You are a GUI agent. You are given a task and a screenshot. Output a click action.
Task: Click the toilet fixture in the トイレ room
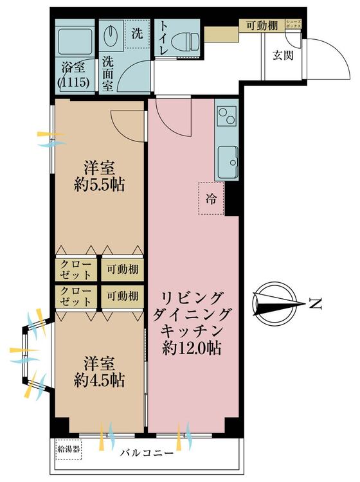(x=185, y=40)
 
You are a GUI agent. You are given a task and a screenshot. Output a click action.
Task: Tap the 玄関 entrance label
(x=283, y=55)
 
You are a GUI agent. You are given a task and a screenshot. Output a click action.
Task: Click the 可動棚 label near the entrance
(x=262, y=25)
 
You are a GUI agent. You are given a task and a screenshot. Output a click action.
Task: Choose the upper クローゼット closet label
(x=76, y=269)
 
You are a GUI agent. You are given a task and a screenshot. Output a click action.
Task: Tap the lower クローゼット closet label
(x=76, y=296)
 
